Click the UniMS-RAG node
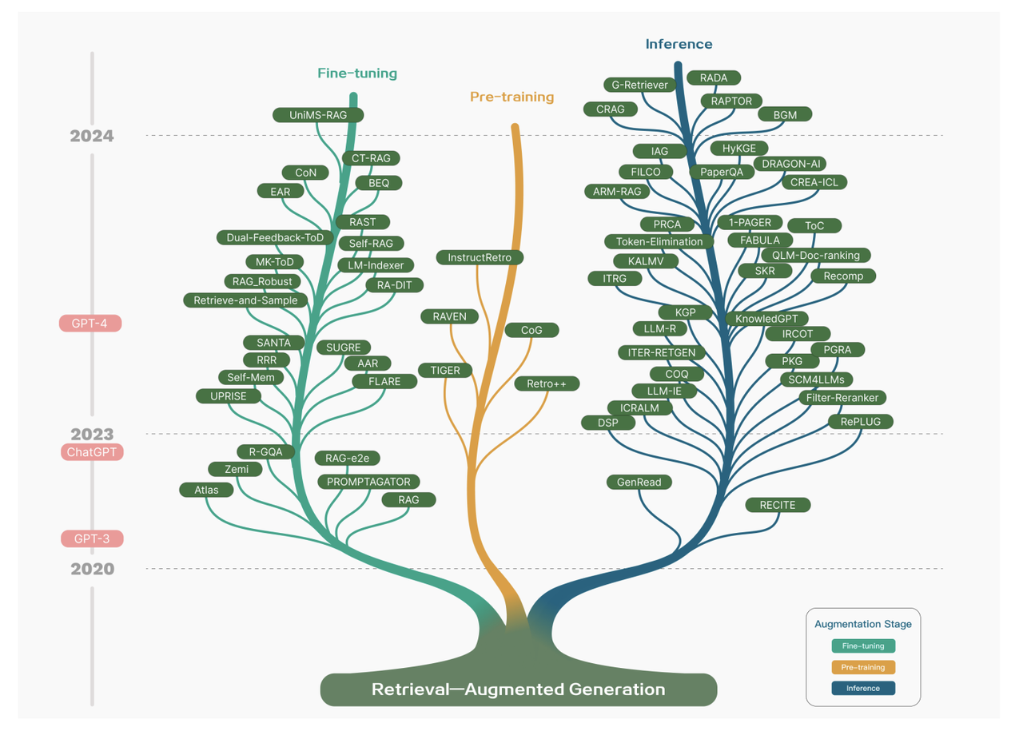tap(318, 115)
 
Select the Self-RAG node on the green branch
tap(371, 243)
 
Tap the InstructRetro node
tap(480, 257)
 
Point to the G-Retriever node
tap(639, 85)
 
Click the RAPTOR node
tap(731, 101)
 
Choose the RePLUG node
tap(860, 422)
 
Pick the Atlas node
tap(206, 490)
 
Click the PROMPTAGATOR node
tap(368, 482)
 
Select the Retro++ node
tap(547, 384)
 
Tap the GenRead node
tap(639, 482)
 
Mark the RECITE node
tap(778, 505)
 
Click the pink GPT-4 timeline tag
tap(90, 324)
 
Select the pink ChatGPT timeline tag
tap(92, 452)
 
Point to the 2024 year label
tap(92, 136)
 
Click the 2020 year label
tap(92, 569)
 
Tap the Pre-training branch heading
tap(511, 97)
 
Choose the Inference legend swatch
tap(863, 688)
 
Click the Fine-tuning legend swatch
tap(863, 646)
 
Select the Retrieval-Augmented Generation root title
tap(518, 689)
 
